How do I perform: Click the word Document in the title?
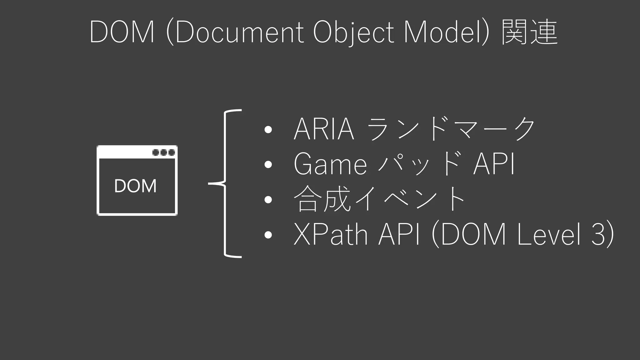click(x=239, y=32)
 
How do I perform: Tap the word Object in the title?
click(x=353, y=32)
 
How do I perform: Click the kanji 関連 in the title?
click(x=529, y=32)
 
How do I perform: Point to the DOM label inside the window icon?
click(x=135, y=186)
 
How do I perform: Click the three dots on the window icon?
click(x=163, y=152)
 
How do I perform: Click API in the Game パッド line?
click(x=494, y=164)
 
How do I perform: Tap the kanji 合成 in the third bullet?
click(x=322, y=199)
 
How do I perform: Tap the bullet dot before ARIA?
click(x=268, y=130)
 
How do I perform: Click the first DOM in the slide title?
click(x=122, y=32)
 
